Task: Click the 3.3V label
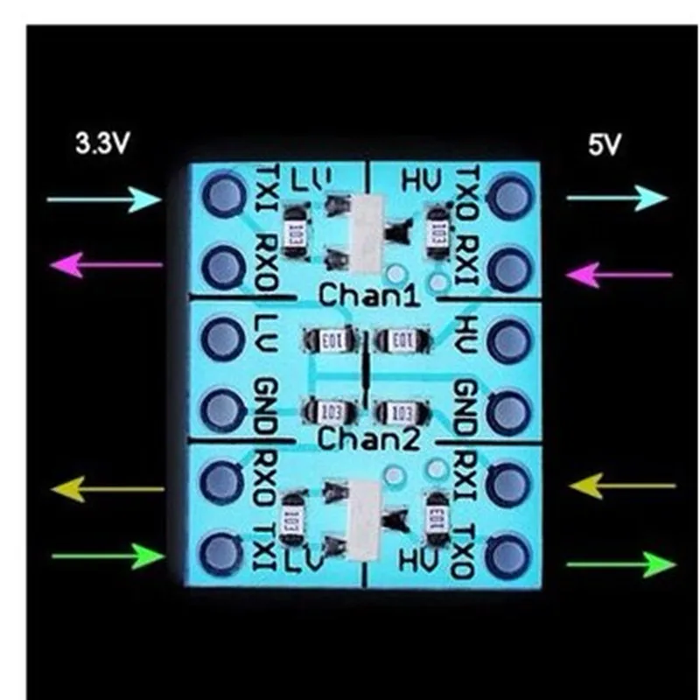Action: pyautogui.click(x=101, y=143)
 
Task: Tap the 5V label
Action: pyautogui.click(x=603, y=143)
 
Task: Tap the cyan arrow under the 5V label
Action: pyautogui.click(x=617, y=199)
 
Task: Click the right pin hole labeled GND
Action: pyautogui.click(x=507, y=408)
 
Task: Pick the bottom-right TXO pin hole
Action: pyautogui.click(x=507, y=553)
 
